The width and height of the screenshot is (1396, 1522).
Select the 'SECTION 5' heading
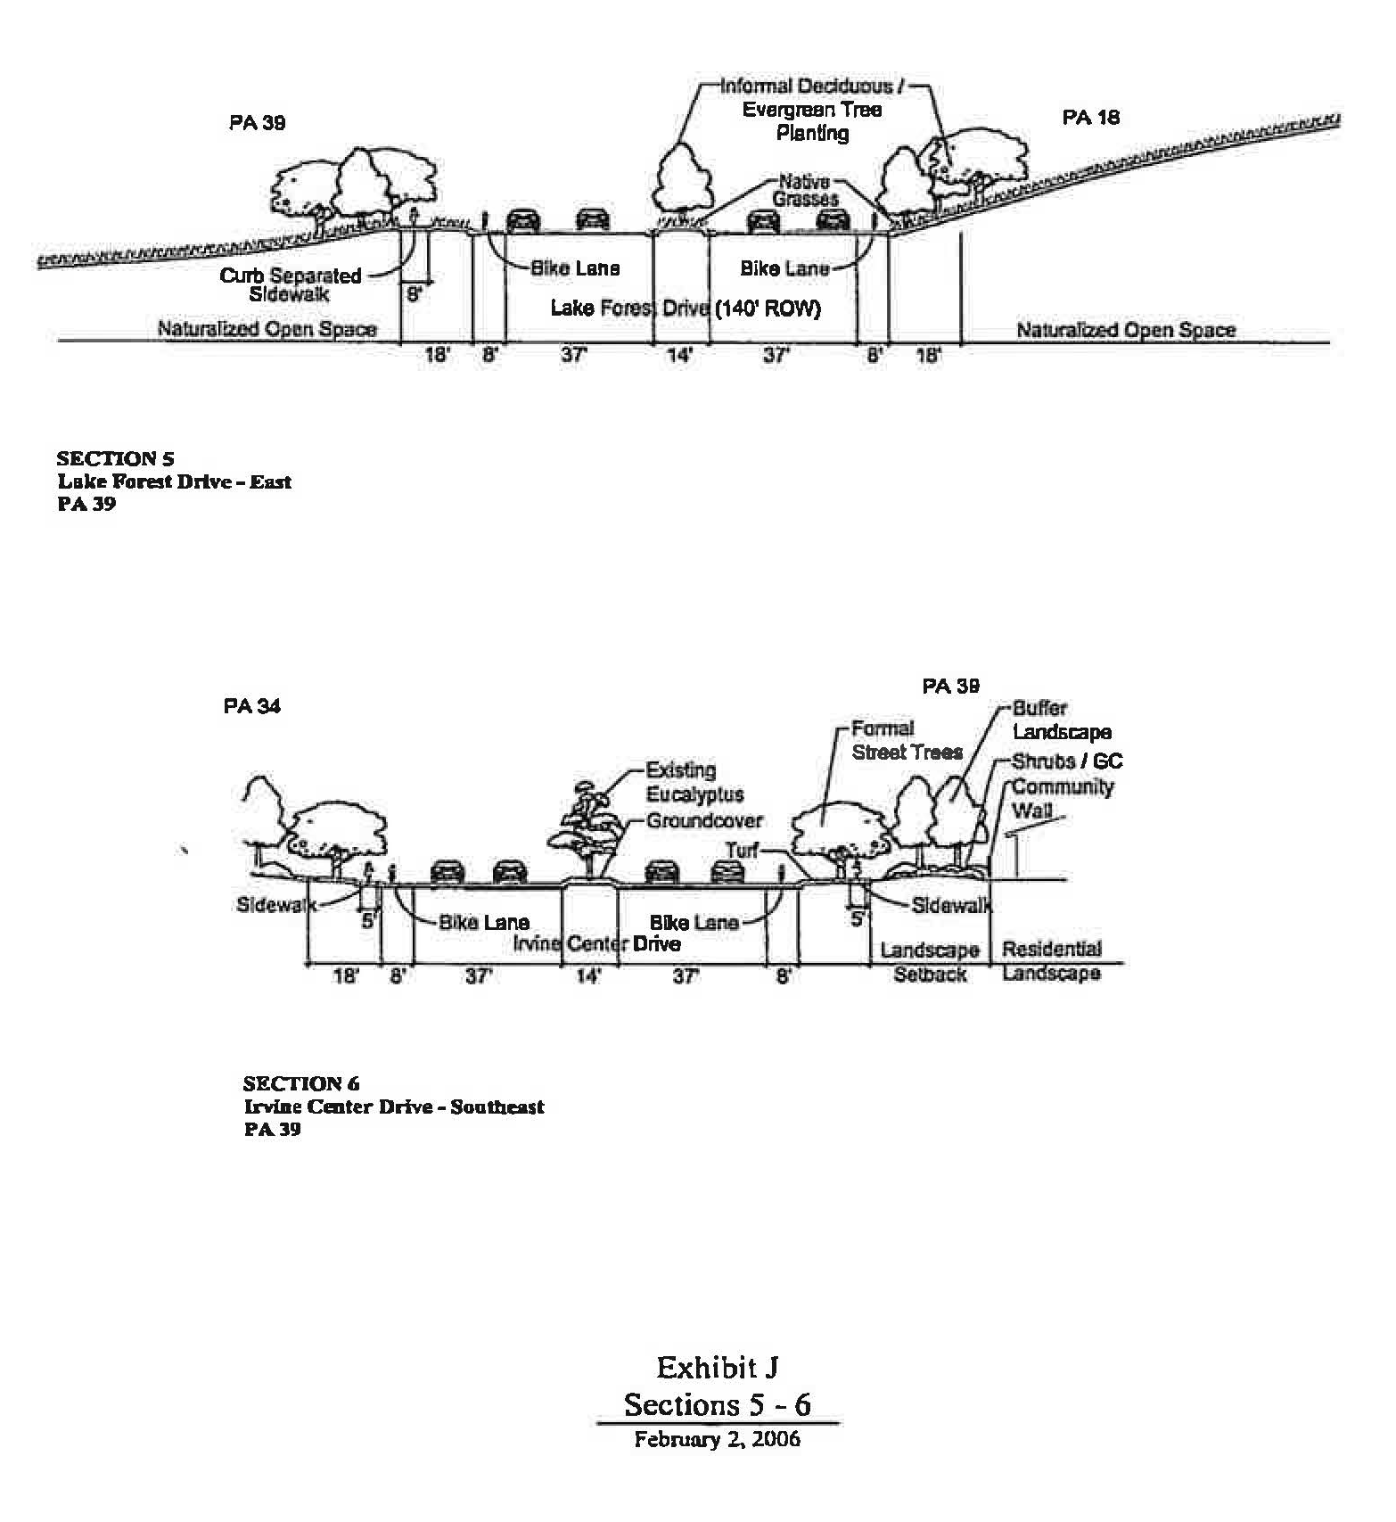tap(115, 459)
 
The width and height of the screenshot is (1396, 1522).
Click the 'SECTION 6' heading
tap(301, 1084)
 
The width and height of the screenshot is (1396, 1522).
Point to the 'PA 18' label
tap(1090, 118)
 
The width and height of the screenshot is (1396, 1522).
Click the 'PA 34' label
tap(252, 706)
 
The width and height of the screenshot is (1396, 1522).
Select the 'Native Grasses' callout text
tap(805, 191)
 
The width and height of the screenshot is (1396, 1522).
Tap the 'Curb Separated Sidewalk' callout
tap(291, 284)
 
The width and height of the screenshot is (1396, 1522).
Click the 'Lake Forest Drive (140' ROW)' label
tap(685, 309)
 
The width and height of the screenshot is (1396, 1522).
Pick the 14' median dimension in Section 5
tap(680, 356)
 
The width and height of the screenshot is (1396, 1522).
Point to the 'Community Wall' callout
tap(1062, 798)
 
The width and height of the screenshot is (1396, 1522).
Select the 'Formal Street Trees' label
tap(906, 741)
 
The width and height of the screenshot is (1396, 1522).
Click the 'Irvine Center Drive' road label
tap(596, 944)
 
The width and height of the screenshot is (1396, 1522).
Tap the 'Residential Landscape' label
tap(1051, 961)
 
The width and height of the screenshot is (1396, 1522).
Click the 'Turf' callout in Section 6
tap(742, 851)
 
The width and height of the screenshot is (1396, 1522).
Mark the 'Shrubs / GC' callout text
tap(1067, 761)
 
